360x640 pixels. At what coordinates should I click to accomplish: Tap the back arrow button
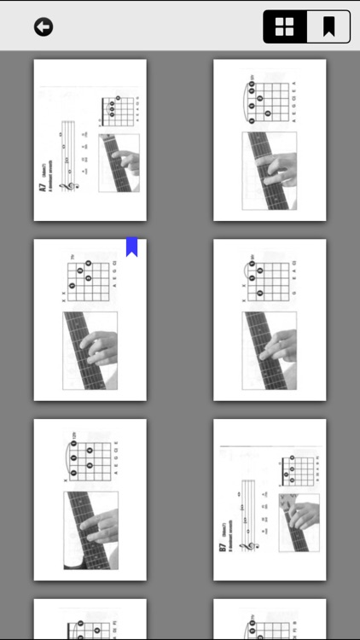[44, 27]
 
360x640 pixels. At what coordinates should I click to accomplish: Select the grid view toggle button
[285, 27]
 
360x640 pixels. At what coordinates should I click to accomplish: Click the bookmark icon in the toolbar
[328, 27]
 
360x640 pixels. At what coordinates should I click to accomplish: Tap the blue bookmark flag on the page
[132, 247]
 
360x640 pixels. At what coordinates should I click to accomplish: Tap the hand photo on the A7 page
[119, 162]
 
